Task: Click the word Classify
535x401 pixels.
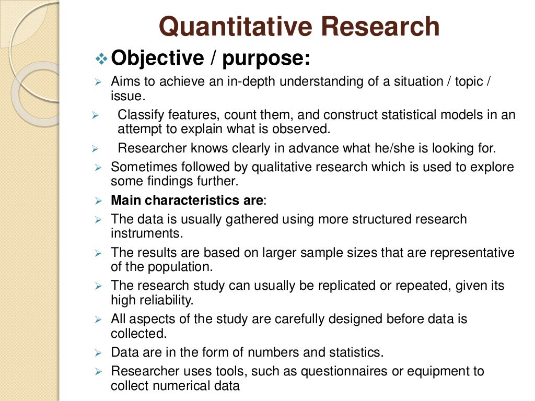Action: pyautogui.click(x=137, y=115)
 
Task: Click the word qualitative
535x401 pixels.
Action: pyautogui.click(x=284, y=167)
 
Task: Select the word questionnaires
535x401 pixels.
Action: pyautogui.click(x=332, y=371)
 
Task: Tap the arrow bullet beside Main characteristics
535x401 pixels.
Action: pyautogui.click(x=98, y=200)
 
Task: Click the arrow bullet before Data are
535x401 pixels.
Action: pyautogui.click(x=98, y=352)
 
